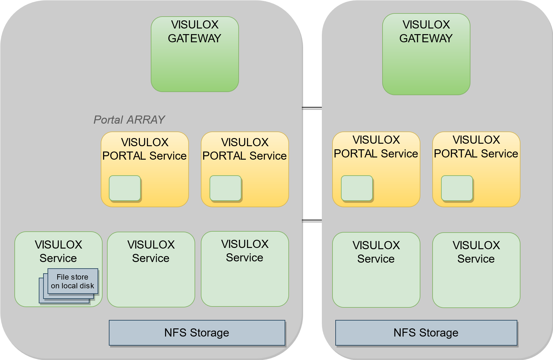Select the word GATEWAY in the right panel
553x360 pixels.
426,39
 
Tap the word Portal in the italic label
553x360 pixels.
108,120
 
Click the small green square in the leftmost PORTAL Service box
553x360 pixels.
125,188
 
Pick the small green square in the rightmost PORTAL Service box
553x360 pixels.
457,188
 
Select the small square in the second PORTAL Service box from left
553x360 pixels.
226,188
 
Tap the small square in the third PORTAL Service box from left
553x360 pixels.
357,188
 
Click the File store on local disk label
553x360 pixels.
73,281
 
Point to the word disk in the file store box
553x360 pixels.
87,286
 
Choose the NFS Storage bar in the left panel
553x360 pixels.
197,333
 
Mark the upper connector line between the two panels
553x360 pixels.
312,108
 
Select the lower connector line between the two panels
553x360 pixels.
312,220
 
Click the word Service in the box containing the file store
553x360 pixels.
58,258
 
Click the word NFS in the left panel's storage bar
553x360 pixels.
175,333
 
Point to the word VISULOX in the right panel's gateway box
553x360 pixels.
426,24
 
